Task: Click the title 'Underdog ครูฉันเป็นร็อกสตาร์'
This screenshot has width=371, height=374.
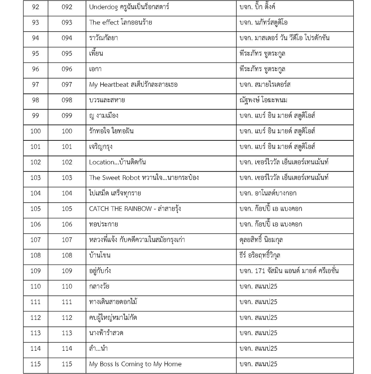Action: (129, 7)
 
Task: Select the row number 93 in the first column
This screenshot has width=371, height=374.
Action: (35, 23)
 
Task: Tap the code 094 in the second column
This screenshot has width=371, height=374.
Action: (67, 38)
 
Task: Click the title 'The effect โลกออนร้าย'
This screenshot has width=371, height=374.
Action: (120, 23)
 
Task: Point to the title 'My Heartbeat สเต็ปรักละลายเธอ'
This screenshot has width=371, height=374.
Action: (133, 85)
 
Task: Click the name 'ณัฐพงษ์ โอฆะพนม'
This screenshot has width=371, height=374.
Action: (263, 100)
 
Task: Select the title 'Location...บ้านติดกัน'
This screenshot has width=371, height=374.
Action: (117, 162)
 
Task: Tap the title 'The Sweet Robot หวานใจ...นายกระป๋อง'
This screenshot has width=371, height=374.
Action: (144, 178)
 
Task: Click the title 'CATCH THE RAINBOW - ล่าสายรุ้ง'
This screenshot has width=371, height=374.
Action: (135, 209)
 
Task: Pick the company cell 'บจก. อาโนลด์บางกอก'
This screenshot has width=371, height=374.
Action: (268, 193)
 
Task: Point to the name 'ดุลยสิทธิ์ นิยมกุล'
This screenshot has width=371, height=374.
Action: (261, 240)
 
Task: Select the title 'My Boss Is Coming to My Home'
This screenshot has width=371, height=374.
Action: (135, 364)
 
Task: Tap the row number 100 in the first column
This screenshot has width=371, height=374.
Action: (35, 131)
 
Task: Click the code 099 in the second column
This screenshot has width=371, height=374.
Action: (67, 116)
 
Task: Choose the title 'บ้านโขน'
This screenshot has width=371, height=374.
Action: (100, 255)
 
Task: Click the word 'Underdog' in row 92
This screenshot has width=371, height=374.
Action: (103, 7)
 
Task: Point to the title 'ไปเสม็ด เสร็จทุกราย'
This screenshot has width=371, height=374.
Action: (115, 193)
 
